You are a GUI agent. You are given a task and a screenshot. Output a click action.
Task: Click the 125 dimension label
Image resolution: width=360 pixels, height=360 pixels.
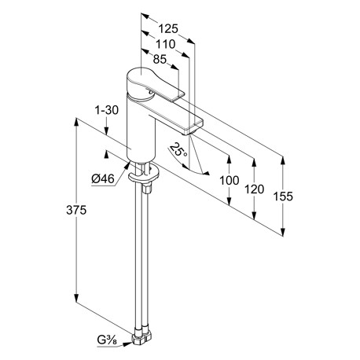[168, 28]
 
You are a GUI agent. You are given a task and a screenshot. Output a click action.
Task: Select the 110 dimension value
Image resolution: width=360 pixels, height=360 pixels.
[165, 44]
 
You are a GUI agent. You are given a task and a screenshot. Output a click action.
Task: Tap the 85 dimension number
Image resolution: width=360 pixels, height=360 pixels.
[160, 60]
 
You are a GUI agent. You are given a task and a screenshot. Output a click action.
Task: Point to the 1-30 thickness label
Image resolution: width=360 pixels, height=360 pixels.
[106, 110]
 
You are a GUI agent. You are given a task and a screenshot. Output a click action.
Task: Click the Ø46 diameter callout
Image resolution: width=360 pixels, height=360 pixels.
[103, 179]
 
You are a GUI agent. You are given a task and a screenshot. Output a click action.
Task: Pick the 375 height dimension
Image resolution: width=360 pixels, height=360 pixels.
[76, 210]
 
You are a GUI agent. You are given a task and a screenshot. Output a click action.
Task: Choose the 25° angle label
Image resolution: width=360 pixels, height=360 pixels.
[178, 150]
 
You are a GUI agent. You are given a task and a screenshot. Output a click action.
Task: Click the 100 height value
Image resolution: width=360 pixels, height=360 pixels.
[230, 181]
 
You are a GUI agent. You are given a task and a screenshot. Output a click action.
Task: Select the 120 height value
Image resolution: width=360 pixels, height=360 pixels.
[254, 189]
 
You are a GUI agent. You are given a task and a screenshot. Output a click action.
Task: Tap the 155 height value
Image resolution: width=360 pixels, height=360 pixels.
[283, 197]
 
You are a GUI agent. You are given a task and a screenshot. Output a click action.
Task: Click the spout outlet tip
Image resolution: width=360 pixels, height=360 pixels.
[186, 134]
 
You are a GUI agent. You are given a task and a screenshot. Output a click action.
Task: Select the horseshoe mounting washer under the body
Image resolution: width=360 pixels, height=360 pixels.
[144, 175]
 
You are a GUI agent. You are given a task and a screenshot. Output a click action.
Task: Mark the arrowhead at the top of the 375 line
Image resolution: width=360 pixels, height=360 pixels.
[76, 123]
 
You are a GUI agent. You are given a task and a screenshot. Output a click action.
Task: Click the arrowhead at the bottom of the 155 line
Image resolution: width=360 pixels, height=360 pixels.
[283, 232]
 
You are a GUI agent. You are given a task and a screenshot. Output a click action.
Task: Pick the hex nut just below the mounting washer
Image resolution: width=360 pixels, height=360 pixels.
[147, 189]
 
